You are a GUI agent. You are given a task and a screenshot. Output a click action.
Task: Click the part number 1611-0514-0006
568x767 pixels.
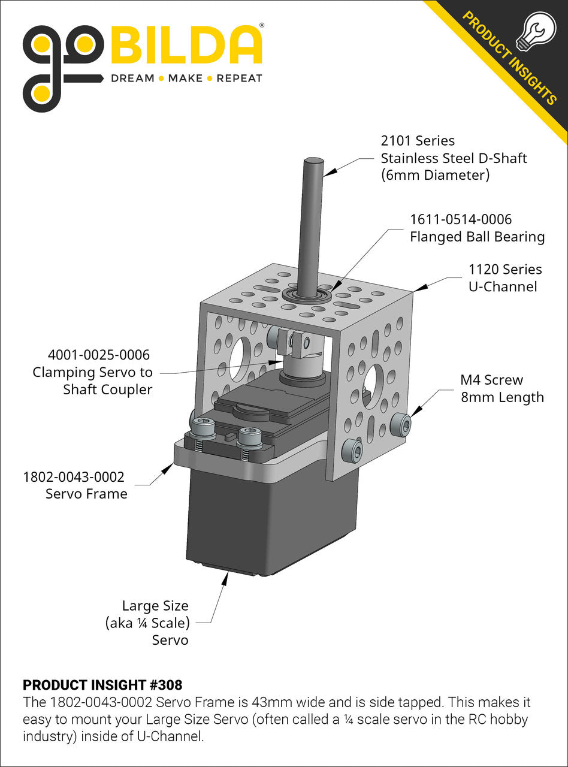tap(460, 219)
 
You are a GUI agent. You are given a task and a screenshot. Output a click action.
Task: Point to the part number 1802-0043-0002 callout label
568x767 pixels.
tap(74, 477)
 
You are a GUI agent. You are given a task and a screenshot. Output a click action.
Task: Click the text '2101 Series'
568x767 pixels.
tap(418, 141)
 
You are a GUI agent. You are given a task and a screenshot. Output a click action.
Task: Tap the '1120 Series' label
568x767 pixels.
tap(504, 270)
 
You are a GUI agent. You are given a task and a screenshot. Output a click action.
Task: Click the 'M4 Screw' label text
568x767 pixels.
tap(491, 380)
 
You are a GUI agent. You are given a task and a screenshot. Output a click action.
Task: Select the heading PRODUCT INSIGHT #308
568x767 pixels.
tap(102, 685)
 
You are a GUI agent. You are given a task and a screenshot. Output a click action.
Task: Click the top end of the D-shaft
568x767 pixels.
tap(313, 161)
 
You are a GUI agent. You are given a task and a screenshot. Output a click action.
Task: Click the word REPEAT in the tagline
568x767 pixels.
tap(239, 78)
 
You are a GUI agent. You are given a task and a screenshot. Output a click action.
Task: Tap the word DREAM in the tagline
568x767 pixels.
tap(132, 78)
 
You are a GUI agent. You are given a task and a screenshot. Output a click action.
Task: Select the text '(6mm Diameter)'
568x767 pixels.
tap(435, 176)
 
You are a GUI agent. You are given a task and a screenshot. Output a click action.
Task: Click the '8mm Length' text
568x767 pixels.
tap(502, 397)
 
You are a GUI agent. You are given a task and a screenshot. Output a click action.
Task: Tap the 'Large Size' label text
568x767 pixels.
tap(155, 605)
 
